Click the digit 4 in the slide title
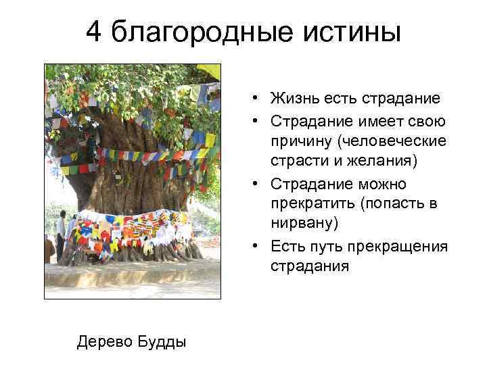(95, 31)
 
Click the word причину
(301, 141)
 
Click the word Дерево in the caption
(102, 341)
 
